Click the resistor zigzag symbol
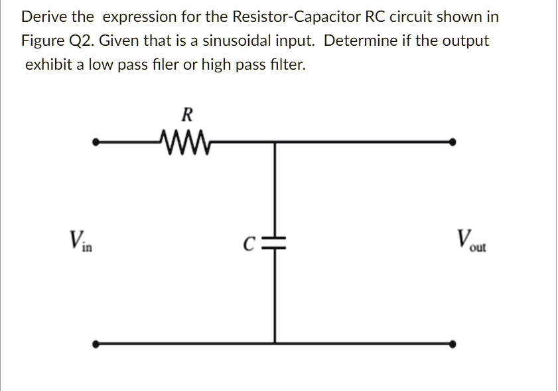click(184, 141)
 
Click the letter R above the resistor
click(186, 115)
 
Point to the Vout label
click(470, 240)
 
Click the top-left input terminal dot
click(96, 141)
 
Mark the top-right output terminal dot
click(453, 141)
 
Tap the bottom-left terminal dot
click(96, 345)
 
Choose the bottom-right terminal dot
click(453, 345)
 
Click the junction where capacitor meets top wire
click(275, 141)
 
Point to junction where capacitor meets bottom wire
click(275, 344)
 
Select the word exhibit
click(49, 65)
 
